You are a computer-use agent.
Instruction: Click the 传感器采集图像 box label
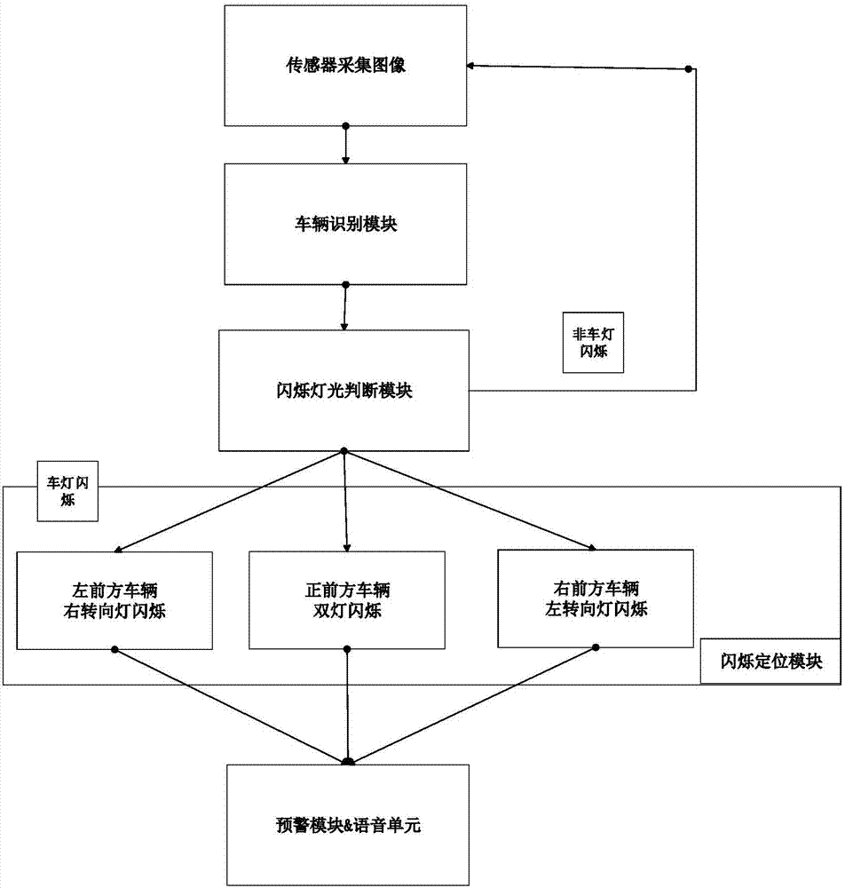[x=346, y=66]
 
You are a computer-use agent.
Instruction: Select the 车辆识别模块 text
[x=346, y=225]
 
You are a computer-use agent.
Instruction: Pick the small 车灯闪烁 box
[x=67, y=491]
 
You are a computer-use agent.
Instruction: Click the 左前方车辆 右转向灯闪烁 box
[x=115, y=599]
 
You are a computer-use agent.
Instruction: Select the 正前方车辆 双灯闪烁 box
[x=346, y=599]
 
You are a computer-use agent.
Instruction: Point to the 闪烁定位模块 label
[x=770, y=662]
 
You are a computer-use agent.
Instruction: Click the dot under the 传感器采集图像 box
[x=346, y=125]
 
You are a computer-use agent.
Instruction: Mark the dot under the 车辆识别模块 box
[x=346, y=285]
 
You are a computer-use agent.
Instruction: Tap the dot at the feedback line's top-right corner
[x=688, y=70]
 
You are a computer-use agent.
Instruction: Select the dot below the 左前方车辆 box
[x=115, y=650]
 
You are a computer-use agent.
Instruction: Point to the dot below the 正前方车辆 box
[x=346, y=650]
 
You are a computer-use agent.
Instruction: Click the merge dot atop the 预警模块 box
[x=347, y=761]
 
